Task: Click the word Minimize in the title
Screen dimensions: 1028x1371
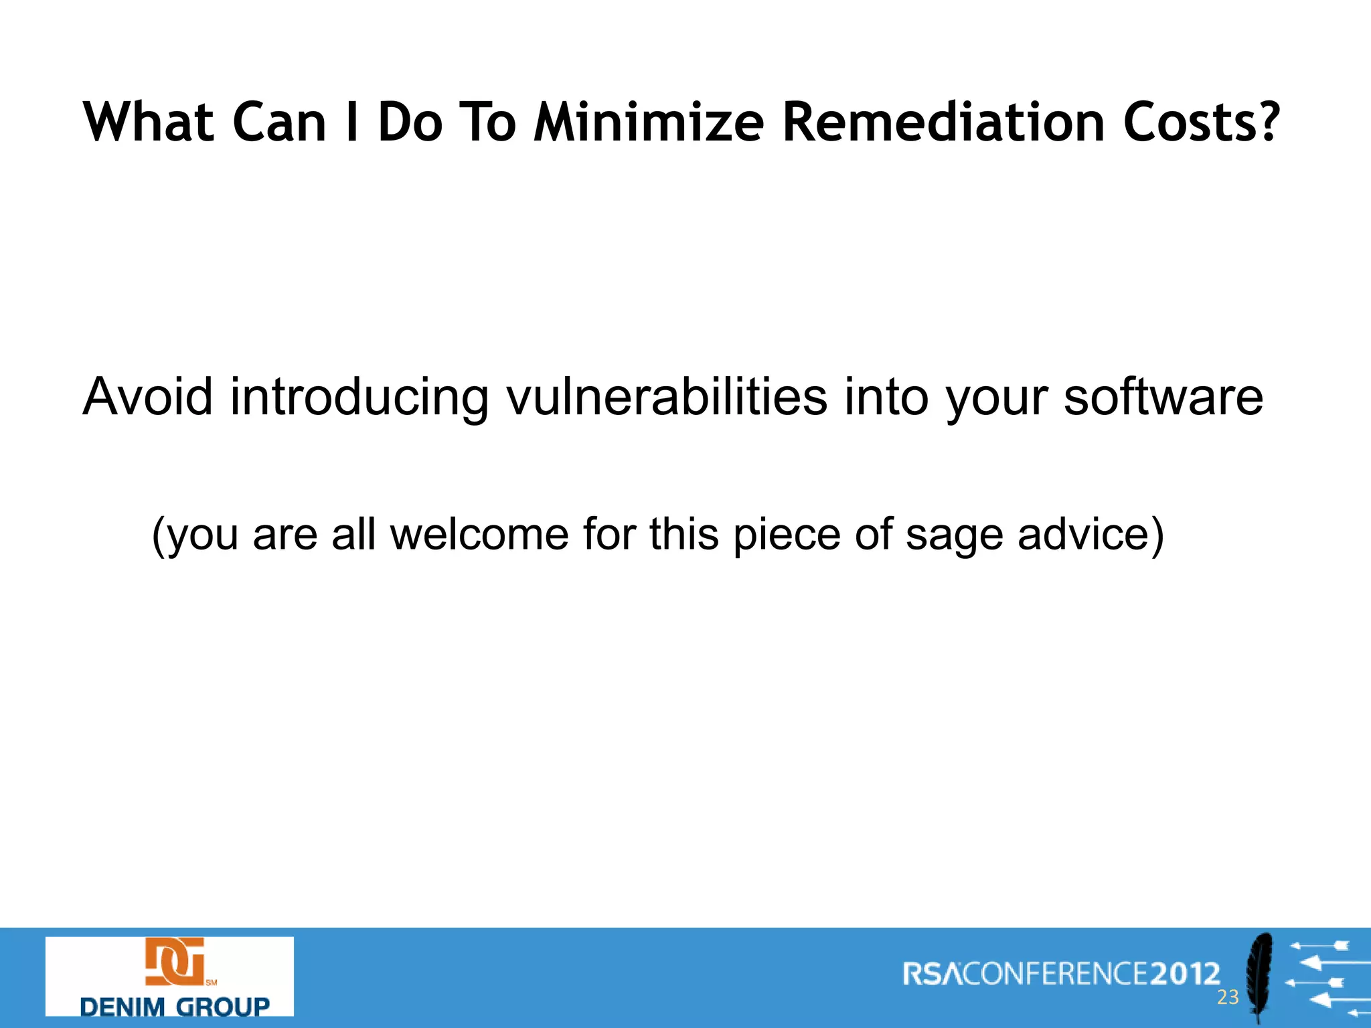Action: (x=648, y=122)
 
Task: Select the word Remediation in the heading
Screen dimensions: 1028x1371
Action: (x=943, y=122)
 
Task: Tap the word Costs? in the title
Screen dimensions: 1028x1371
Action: (x=1201, y=122)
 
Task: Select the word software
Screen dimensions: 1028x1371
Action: (x=1163, y=397)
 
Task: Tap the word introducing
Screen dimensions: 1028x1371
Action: (x=359, y=397)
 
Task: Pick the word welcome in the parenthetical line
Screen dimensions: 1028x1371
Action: (x=479, y=534)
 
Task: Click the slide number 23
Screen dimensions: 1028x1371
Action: (x=1228, y=997)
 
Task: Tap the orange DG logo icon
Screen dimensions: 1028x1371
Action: (x=175, y=962)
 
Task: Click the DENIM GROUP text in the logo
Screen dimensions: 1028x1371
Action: (x=175, y=1006)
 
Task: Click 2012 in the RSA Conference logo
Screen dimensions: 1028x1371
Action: (x=1186, y=974)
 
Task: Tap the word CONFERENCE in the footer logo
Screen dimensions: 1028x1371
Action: (x=1056, y=974)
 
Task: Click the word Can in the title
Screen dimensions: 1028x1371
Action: (x=279, y=122)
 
